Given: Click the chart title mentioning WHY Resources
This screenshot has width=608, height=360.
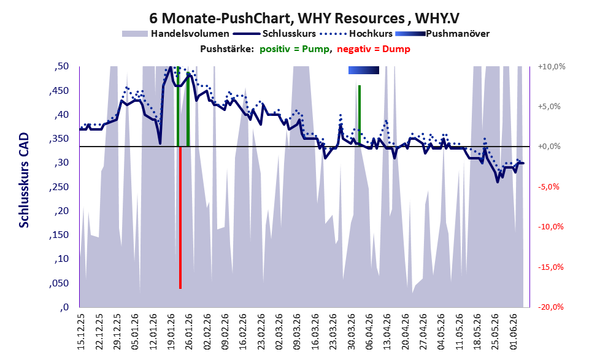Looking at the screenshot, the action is [304, 18].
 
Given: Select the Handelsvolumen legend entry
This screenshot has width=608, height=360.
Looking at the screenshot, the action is [175, 34].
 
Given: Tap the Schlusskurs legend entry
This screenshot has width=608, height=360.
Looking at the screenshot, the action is [275, 34].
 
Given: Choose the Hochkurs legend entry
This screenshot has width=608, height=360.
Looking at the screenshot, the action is [356, 34].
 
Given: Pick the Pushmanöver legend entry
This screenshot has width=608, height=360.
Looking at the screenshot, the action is [442, 34].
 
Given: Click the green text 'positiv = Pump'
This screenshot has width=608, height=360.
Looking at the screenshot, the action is [294, 49].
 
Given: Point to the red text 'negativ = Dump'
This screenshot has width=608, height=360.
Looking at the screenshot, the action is [374, 49].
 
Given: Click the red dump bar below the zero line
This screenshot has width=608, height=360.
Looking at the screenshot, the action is [180, 217].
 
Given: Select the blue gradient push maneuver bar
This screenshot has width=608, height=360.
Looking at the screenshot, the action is [364, 70].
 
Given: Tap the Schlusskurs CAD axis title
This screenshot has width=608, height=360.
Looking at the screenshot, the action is [24, 180].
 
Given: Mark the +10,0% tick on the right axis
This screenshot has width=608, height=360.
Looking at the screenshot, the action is [552, 67].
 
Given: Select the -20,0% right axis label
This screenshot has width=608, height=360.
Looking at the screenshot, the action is [551, 307].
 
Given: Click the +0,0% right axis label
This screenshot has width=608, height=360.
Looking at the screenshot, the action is [550, 147].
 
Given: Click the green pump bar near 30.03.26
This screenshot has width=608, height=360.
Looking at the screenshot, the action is [360, 115].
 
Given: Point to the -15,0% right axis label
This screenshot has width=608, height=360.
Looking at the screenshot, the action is [551, 267].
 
